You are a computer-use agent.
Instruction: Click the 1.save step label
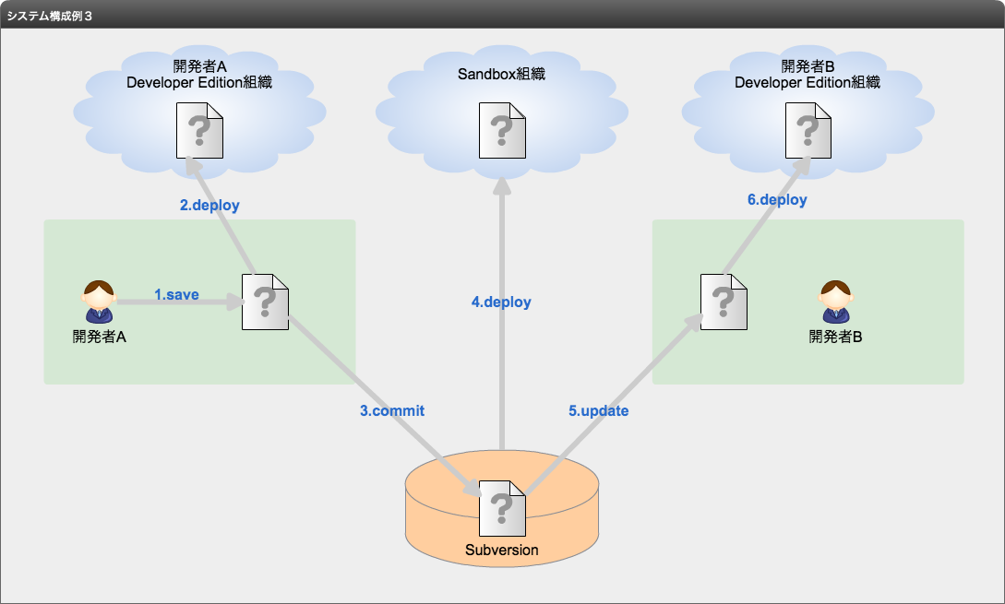click(176, 295)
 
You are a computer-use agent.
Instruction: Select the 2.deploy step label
click(209, 205)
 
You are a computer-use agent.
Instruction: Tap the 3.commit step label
click(392, 410)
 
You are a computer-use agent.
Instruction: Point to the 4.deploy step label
click(501, 302)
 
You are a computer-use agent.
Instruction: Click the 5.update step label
click(599, 410)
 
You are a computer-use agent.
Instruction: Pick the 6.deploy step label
click(777, 200)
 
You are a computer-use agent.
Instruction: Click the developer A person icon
click(99, 301)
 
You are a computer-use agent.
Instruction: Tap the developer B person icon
click(836, 301)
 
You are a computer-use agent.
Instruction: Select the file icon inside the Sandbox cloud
click(502, 131)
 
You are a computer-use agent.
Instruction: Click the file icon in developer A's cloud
click(200, 131)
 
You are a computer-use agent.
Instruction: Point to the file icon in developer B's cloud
click(808, 131)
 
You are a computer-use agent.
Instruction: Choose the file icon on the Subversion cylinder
click(502, 509)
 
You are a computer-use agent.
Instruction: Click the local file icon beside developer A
click(266, 302)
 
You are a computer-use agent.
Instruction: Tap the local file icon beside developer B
click(724, 302)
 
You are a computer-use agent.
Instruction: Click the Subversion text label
click(502, 551)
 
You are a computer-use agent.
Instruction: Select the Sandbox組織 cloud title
click(501, 75)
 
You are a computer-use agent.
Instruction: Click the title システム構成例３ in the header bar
click(50, 16)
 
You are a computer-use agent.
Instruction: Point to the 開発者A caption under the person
click(100, 337)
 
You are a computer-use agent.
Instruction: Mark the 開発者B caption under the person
click(836, 337)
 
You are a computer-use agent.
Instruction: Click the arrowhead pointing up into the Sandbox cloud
click(502, 185)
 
